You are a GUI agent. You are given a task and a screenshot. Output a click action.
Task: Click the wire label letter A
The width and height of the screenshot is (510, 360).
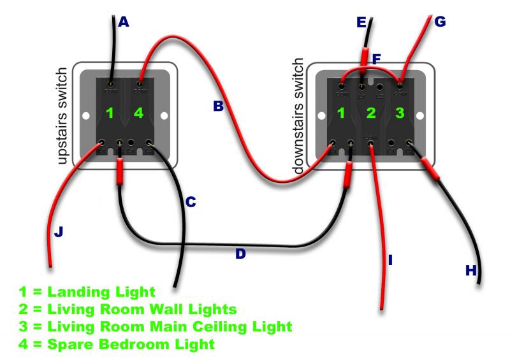click(124, 22)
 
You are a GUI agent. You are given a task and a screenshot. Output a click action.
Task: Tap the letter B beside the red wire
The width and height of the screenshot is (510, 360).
click(219, 107)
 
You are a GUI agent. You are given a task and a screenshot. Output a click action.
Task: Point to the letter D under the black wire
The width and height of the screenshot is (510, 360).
click(240, 254)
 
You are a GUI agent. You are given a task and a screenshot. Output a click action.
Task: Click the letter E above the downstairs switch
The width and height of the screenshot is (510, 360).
click(362, 23)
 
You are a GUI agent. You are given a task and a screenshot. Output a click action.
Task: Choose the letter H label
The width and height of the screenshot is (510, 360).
click(471, 270)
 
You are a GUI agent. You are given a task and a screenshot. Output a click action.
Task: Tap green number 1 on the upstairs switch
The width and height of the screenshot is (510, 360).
click(110, 113)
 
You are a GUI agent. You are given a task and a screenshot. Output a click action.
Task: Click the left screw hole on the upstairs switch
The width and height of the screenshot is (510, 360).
click(85, 116)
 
